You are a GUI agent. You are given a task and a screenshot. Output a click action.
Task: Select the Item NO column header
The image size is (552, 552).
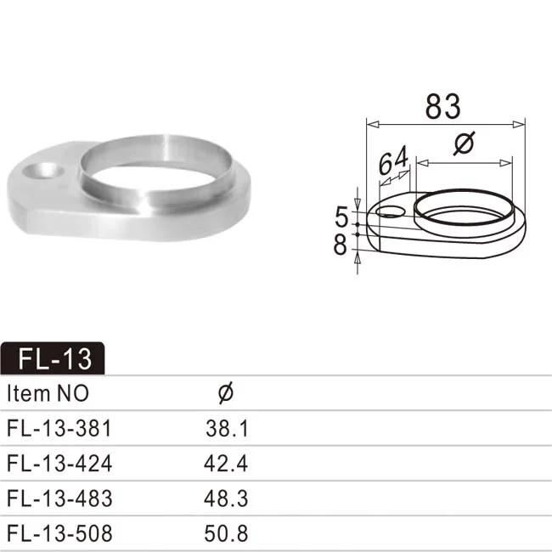coord(48,394)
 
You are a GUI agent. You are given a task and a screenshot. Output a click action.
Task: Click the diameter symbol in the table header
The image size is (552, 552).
coord(226,393)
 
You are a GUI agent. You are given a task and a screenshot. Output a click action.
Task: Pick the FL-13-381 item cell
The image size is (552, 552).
coord(59,428)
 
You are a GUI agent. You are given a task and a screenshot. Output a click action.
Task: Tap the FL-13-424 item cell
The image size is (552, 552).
coord(59,464)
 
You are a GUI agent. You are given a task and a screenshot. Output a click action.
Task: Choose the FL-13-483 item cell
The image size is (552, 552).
coord(59,498)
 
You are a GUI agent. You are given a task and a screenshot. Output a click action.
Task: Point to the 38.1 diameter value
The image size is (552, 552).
coord(227,428)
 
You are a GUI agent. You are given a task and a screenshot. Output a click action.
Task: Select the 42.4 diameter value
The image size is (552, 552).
coord(227,464)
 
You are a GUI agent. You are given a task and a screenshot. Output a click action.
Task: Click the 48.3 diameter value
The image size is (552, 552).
coord(227,498)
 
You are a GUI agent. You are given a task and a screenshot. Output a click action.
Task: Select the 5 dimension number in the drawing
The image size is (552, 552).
coord(341,216)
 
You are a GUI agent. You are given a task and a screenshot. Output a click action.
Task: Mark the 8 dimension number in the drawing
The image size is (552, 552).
coord(341,245)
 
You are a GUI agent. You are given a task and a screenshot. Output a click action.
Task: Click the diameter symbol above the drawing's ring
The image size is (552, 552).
coord(464,145)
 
